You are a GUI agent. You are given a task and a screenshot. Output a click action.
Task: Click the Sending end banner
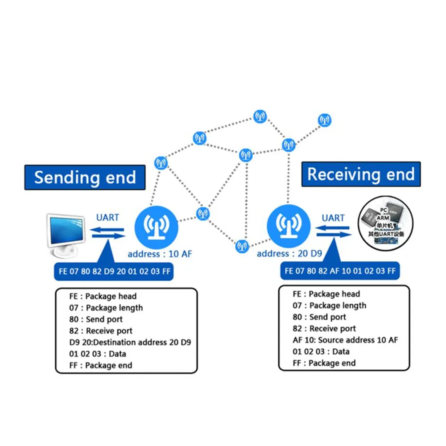pyautogui.click(x=85, y=178)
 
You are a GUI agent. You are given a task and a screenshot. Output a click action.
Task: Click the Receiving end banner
pyautogui.click(x=361, y=174)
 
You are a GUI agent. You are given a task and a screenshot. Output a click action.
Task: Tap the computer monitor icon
pyautogui.click(x=66, y=235)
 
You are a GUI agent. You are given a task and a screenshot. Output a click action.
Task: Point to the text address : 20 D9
pyautogui.click(x=289, y=253)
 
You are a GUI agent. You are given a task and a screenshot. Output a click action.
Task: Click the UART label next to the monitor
pyautogui.click(x=108, y=217)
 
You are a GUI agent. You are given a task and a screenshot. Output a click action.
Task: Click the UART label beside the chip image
pyautogui.click(x=333, y=218)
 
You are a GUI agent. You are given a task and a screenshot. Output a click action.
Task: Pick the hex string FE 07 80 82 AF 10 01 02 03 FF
pyautogui.click(x=340, y=271)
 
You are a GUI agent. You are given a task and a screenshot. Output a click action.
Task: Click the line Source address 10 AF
pyautogui.click(x=345, y=340)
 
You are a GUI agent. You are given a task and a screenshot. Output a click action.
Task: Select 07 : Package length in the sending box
pyautogui.click(x=106, y=308)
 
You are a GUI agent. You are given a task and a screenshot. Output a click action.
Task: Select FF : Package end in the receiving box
pyautogui.click(x=324, y=363)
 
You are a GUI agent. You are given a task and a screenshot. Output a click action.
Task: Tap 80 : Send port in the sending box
pyautogui.click(x=96, y=319)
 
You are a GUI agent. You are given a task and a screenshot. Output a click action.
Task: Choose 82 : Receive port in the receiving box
pyautogui.click(x=324, y=329)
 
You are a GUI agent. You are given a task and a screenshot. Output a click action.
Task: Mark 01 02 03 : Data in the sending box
pyautogui.click(x=98, y=354)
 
